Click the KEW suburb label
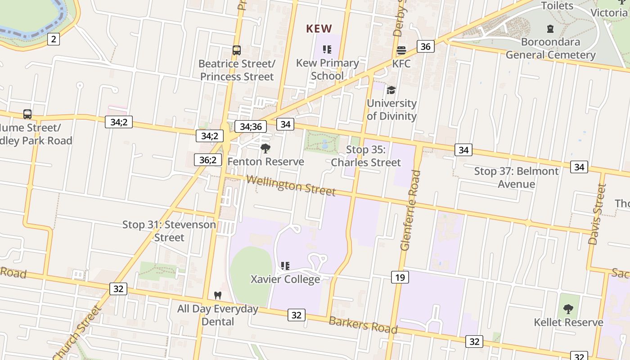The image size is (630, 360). [319, 29]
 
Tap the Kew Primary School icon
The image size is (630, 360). [327, 49]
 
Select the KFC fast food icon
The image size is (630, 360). [401, 50]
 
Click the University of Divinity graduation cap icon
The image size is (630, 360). [391, 90]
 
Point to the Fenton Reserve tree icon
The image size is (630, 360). [265, 148]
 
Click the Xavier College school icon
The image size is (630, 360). [285, 266]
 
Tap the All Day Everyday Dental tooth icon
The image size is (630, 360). [218, 296]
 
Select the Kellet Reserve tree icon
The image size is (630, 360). [568, 309]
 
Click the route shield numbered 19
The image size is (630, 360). [400, 277]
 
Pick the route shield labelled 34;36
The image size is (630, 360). [251, 126]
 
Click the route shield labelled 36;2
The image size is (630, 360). [208, 160]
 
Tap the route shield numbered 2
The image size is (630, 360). [54, 39]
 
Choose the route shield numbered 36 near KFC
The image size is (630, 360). [425, 46]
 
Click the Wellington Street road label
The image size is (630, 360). [291, 185]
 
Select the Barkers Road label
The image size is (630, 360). [363, 325]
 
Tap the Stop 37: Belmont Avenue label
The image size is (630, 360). [516, 177]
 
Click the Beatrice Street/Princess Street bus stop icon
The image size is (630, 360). [237, 50]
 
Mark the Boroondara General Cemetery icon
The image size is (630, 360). [550, 29]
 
